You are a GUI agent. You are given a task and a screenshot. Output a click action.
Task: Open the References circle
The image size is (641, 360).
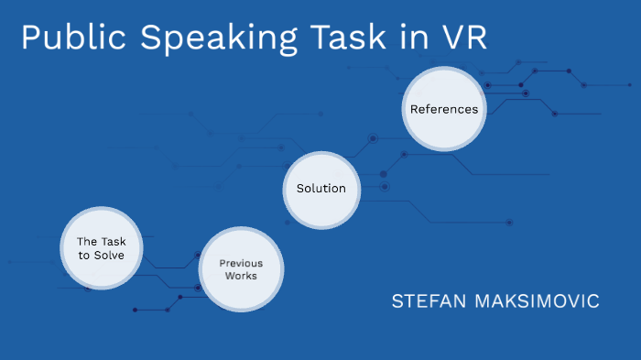click(x=444, y=109)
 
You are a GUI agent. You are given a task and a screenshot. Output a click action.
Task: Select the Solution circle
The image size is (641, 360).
click(x=321, y=189)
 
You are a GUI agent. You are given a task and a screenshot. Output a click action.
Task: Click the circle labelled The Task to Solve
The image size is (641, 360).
click(x=101, y=248)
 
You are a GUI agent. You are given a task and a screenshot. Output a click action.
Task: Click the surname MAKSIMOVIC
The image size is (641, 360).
click(x=540, y=301)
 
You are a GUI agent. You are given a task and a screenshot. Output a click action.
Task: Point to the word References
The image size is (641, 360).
click(x=444, y=109)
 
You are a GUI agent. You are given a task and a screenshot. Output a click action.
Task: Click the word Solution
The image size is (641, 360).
click(x=321, y=189)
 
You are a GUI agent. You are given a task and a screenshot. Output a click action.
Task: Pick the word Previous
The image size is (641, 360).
click(x=241, y=263)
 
